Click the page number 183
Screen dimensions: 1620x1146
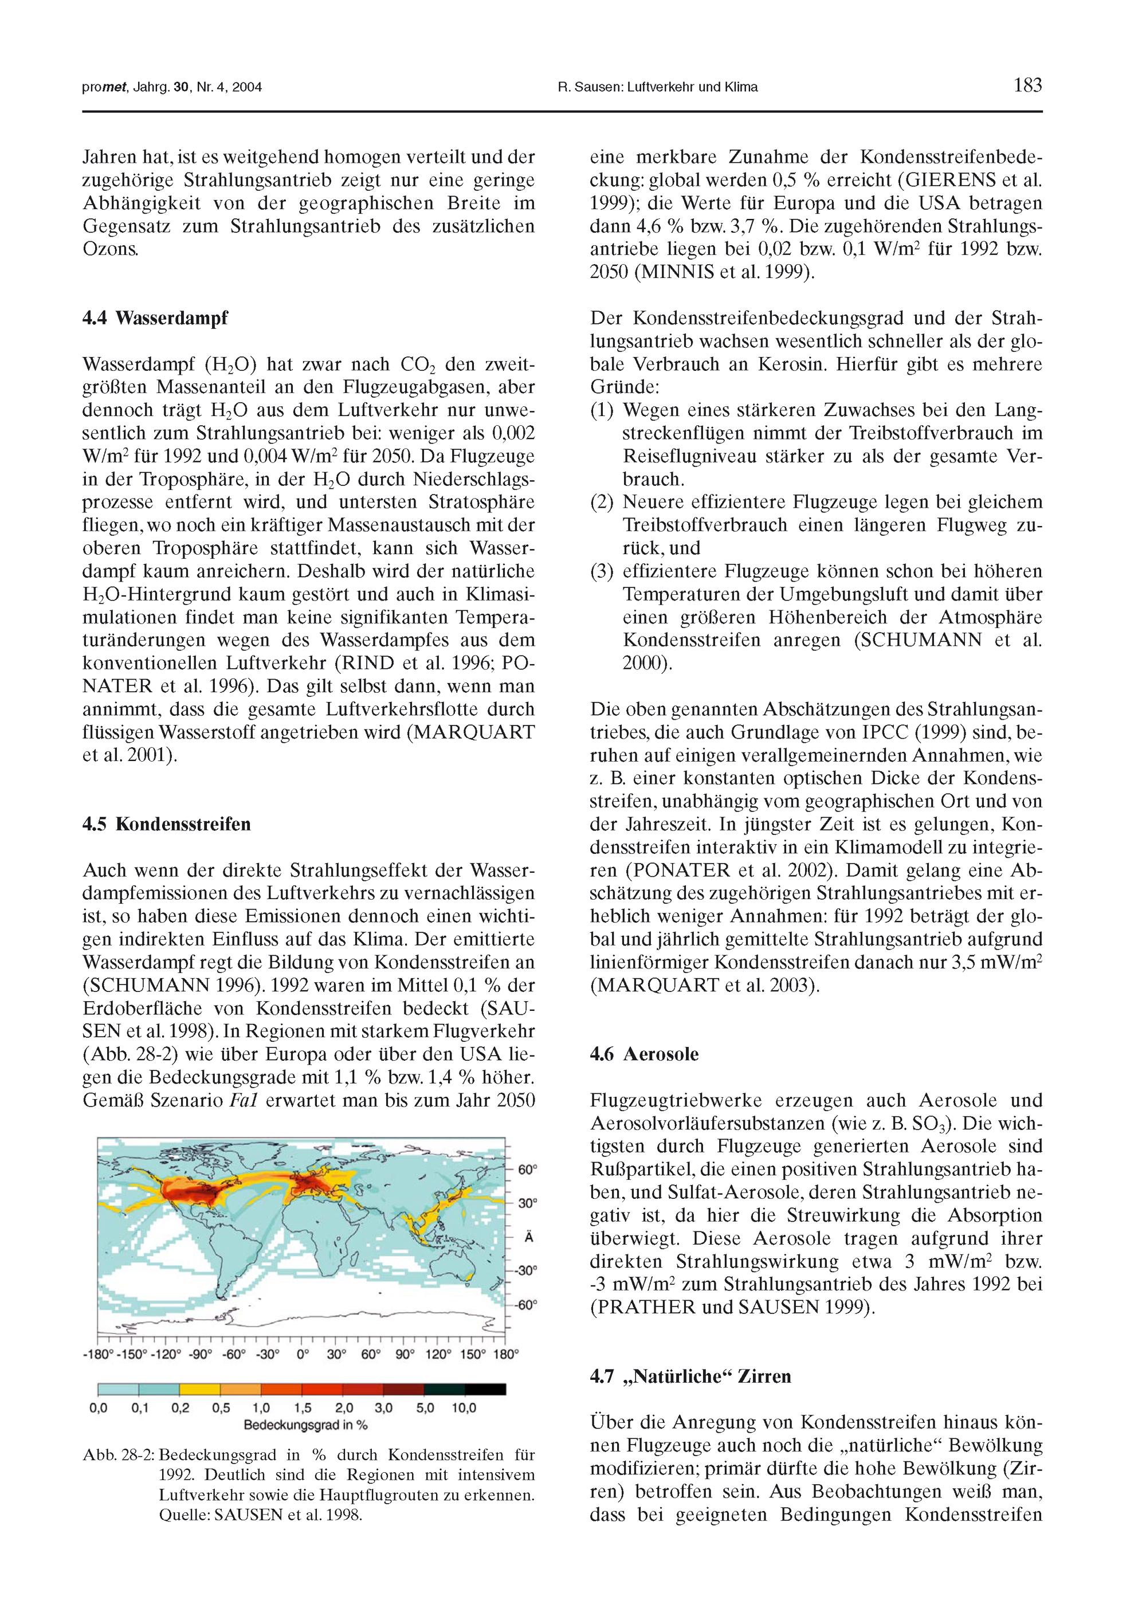click(x=1027, y=86)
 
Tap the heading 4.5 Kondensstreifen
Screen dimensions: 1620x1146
click(x=167, y=824)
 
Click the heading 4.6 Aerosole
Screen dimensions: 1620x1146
click(x=643, y=1054)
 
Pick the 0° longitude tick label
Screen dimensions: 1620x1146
click(x=303, y=1354)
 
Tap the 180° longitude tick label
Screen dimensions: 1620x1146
click(x=507, y=1354)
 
